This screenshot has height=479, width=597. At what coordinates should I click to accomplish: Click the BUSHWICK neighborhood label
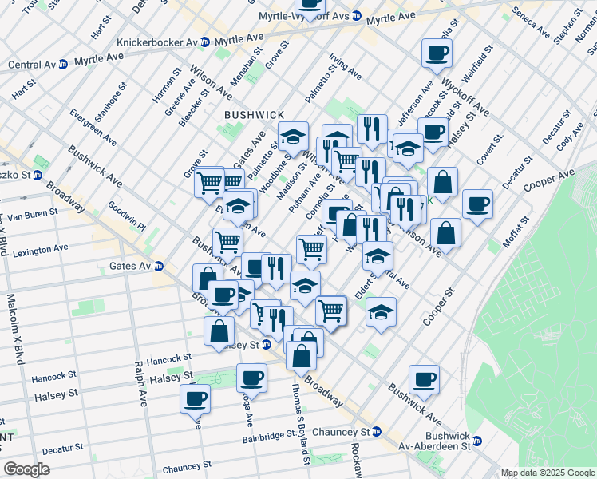253,115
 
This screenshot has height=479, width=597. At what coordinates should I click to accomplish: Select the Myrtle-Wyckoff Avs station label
305,16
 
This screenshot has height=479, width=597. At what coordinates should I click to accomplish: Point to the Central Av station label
32,64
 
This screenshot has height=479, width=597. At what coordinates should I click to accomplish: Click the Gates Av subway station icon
160,266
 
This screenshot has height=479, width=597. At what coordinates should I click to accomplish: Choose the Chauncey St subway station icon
377,432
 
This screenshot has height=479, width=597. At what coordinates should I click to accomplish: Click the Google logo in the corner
26,469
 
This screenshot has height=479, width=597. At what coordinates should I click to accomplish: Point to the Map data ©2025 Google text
548,473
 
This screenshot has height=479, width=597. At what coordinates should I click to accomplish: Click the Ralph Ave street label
140,381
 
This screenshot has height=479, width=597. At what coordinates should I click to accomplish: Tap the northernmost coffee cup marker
437,53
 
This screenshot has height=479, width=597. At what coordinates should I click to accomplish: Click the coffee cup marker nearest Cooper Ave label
478,204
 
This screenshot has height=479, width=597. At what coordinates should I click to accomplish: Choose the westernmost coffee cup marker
194,397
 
